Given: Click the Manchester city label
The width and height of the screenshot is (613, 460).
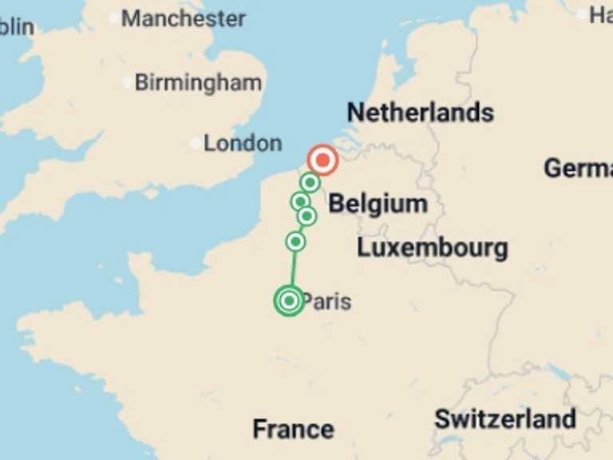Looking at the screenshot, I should click(x=183, y=18).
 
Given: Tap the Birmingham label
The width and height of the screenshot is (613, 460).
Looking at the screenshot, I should click(x=197, y=82).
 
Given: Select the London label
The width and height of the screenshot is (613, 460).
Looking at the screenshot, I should click(x=242, y=144).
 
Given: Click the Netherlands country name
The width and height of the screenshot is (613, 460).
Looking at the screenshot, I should click(x=420, y=113).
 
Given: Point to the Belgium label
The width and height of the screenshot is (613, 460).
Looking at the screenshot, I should click(x=378, y=204).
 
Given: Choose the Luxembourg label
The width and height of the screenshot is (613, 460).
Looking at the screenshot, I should click(x=432, y=248).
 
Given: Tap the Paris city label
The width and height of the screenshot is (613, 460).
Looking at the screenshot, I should click(x=327, y=302).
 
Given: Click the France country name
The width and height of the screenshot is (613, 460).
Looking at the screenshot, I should click(x=293, y=429).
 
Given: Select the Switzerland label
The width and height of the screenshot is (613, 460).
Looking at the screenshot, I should click(x=504, y=418).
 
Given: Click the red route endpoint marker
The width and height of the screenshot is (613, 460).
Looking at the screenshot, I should click(x=322, y=161).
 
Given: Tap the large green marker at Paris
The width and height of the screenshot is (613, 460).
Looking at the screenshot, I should click(x=289, y=300).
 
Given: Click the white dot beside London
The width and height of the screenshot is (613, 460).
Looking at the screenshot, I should click(x=196, y=144).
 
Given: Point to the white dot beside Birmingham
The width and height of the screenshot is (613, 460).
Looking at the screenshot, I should click(x=127, y=82).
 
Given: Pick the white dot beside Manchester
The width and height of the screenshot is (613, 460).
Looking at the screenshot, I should click(x=113, y=18).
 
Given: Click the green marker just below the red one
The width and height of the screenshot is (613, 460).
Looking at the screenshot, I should click(x=310, y=183).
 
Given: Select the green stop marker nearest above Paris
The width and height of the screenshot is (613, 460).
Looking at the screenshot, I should click(x=295, y=241).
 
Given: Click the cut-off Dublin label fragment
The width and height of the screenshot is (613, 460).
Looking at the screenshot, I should click(x=16, y=27).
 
